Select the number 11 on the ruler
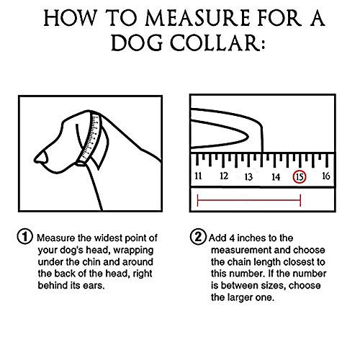coord(198,175)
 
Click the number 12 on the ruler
coord(224,175)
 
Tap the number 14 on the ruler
coord(275,176)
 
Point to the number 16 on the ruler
coord(325,175)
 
